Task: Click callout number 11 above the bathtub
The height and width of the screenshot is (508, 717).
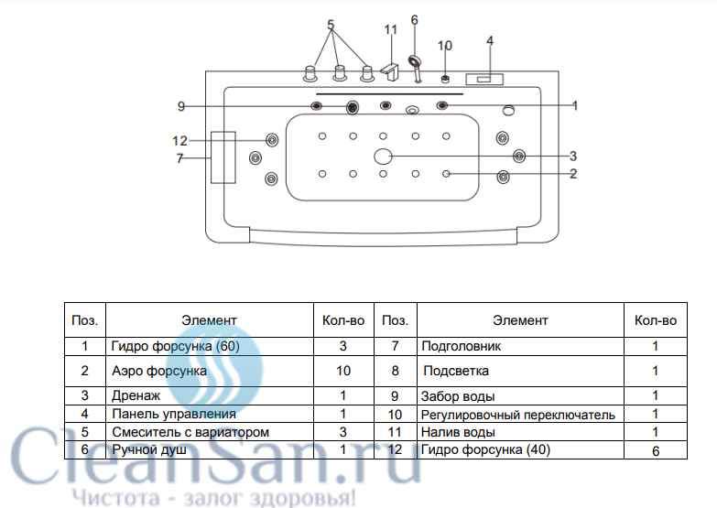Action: click(391, 29)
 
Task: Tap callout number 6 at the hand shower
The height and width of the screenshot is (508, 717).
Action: click(414, 19)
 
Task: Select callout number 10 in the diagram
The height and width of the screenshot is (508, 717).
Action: click(445, 45)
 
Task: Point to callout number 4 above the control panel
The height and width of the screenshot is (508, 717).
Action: click(490, 40)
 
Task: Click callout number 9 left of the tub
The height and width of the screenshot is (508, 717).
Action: click(181, 107)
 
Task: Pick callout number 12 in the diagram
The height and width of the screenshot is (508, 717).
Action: click(179, 141)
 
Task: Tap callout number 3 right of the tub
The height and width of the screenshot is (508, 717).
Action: click(573, 156)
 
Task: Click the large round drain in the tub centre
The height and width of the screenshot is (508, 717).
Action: click(384, 157)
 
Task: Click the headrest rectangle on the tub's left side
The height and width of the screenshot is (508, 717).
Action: click(223, 157)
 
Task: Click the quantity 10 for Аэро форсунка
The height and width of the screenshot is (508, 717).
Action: click(342, 372)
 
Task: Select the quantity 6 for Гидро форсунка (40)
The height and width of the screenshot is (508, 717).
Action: click(655, 451)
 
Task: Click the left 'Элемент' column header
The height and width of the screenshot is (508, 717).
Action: click(209, 320)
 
